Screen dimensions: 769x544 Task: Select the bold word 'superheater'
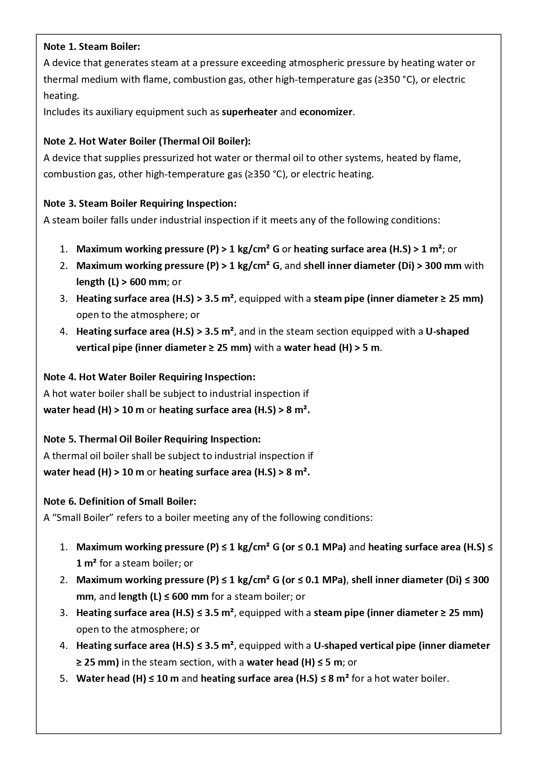[249, 112]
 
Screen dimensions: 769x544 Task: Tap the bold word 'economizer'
[326, 112]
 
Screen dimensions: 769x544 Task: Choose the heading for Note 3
[140, 203]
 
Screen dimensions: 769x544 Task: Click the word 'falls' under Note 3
[120, 220]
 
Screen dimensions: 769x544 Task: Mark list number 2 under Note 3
[64, 266]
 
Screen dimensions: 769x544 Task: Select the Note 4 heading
[149, 377]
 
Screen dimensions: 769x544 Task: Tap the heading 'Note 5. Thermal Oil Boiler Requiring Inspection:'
[152, 439]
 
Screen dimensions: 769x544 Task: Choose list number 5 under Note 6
[64, 679]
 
